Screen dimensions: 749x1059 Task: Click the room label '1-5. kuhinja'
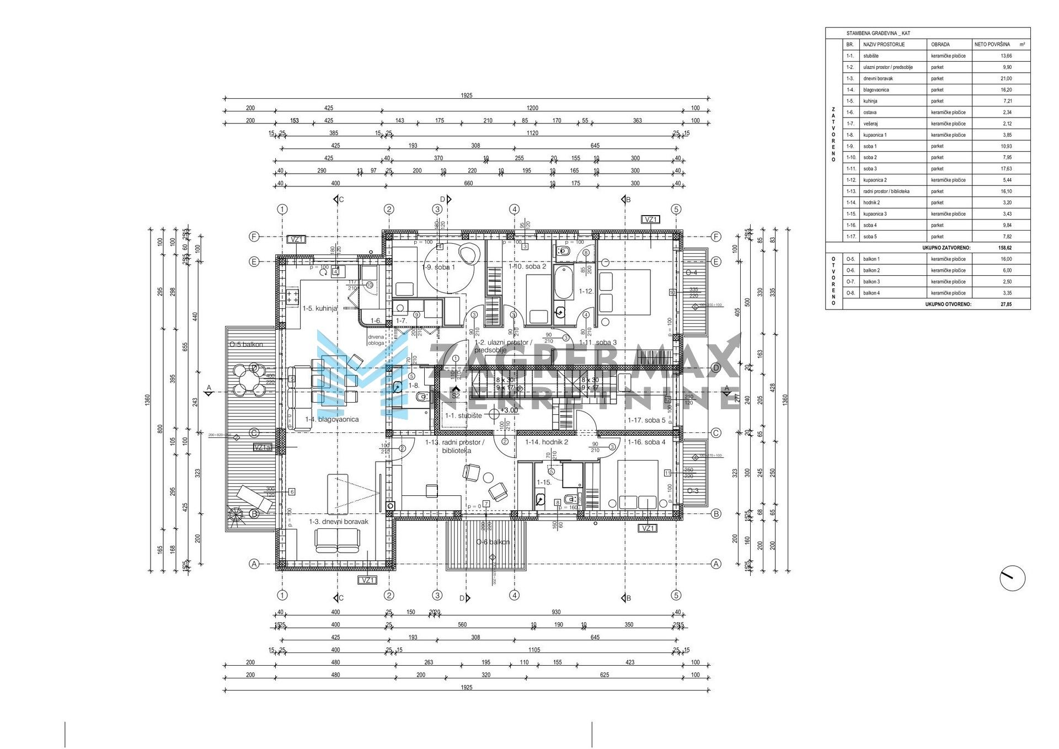pyautogui.click(x=319, y=308)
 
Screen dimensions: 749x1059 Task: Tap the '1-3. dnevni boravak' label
pyautogui.click(x=338, y=521)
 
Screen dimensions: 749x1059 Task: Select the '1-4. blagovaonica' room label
pyautogui.click(x=331, y=419)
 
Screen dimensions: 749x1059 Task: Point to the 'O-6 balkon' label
pyautogui.click(x=493, y=542)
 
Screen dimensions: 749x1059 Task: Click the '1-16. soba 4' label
pyautogui.click(x=646, y=442)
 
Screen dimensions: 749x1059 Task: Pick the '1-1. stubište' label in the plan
pyautogui.click(x=463, y=415)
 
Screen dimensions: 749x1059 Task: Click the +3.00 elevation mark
pyautogui.click(x=509, y=410)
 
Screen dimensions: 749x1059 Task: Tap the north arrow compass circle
pyautogui.click(x=1012, y=579)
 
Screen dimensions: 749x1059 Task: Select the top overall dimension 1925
pyautogui.click(x=467, y=95)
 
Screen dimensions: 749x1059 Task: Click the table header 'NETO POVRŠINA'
pyautogui.click(x=992, y=45)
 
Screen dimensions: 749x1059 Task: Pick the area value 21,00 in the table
pyautogui.click(x=1005, y=78)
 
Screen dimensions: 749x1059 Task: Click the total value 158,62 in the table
pyautogui.click(x=1005, y=248)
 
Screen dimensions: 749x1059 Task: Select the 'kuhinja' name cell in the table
pyautogui.click(x=870, y=101)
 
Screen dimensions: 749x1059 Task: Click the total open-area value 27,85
pyautogui.click(x=1005, y=304)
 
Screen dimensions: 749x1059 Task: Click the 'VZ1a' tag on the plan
pyautogui.click(x=263, y=448)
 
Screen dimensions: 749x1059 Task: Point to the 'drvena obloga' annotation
pyautogui.click(x=376, y=340)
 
